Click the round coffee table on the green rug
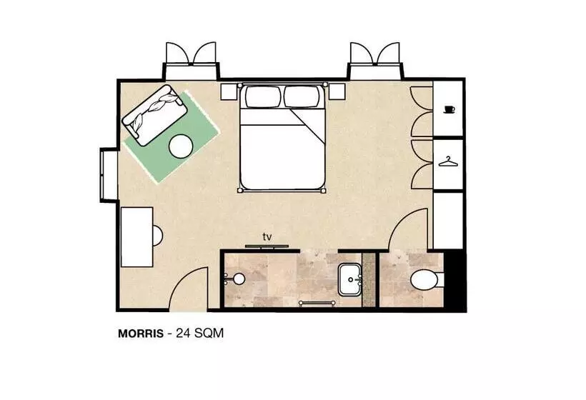pyautogui.click(x=181, y=146)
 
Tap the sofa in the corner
pyautogui.click(x=154, y=115)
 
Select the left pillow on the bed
pyautogui.click(x=263, y=96)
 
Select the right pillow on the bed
pyautogui.click(x=303, y=96)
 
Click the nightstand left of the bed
pyautogui.click(x=229, y=91)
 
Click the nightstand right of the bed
pyautogui.click(x=337, y=91)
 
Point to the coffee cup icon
pyautogui.click(x=449, y=109)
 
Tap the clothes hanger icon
pyautogui.click(x=448, y=161)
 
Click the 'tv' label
pyautogui.click(x=267, y=236)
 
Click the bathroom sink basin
pyautogui.click(x=349, y=279)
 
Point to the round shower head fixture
pyautogui.click(x=238, y=279)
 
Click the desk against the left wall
pyautogui.click(x=136, y=237)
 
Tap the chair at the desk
pyautogui.click(x=158, y=236)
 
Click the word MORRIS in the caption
pyautogui.click(x=141, y=333)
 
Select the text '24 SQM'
pyautogui.click(x=200, y=333)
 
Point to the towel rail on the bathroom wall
pyautogui.click(x=317, y=303)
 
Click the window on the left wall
pyautogui.click(x=109, y=175)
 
